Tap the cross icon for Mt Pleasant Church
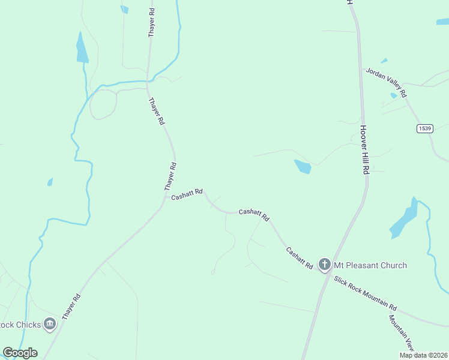tap(325, 264)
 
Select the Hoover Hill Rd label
tap(364, 149)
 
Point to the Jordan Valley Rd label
tap(386, 82)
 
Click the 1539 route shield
tap(425, 128)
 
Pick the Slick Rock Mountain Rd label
tap(366, 293)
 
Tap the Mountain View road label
tap(402, 332)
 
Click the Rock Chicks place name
tap(20, 325)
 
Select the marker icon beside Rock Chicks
tap(50, 325)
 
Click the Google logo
tap(20, 353)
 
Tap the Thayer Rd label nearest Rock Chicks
tap(70, 306)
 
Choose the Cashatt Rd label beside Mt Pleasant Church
tap(300, 257)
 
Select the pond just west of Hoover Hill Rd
tap(303, 166)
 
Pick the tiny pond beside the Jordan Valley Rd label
tap(394, 95)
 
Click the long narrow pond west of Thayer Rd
tap(82, 49)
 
